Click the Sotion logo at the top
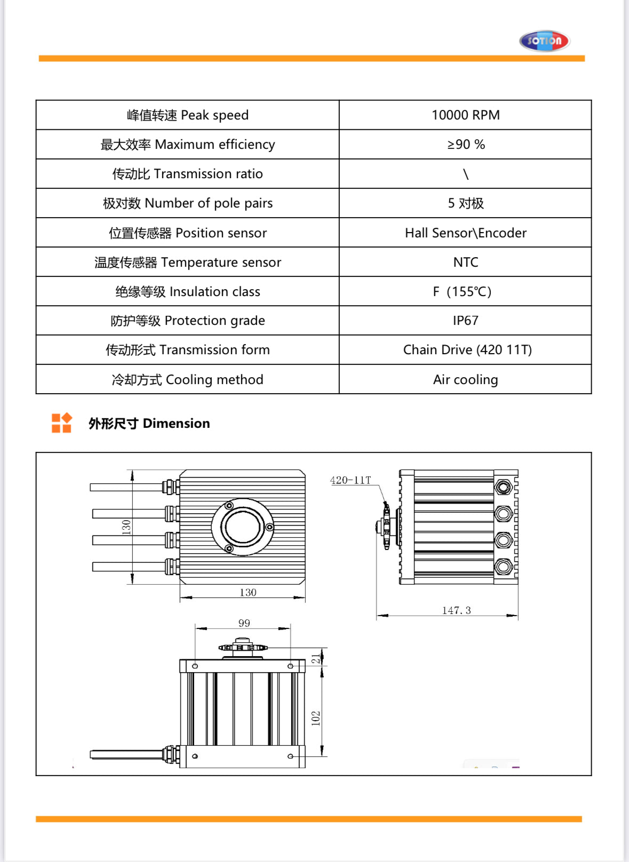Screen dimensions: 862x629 [544, 41]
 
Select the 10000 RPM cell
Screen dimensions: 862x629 [465, 115]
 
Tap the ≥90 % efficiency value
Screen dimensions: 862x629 [466, 145]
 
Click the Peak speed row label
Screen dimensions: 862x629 [187, 115]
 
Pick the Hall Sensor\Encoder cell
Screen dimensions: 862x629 [465, 233]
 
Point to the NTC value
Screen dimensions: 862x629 [465, 262]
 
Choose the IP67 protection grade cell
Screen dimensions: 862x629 [465, 321]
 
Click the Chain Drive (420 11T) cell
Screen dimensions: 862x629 [467, 350]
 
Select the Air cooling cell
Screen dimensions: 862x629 [465, 380]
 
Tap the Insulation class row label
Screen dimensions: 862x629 [187, 292]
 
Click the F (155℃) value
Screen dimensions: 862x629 [462, 292]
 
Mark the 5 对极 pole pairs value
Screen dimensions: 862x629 [465, 203]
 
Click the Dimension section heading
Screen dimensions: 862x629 [149, 424]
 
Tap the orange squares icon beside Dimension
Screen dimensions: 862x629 [61, 423]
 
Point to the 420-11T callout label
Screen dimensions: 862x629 [350, 480]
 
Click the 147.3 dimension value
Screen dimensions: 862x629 [456, 610]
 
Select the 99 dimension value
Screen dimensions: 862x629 [244, 623]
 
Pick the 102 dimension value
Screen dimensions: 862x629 [316, 718]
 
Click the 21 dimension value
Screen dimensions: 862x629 [316, 659]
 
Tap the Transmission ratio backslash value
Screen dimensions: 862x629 [465, 174]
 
